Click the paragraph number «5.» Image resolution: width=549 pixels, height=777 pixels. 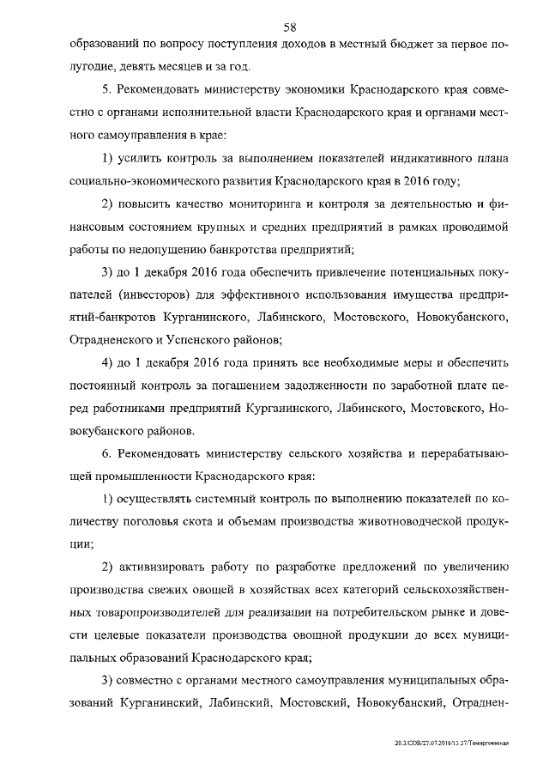pyautogui.click(x=106, y=89)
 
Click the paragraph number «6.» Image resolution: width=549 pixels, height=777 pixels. pyautogui.click(x=106, y=454)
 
